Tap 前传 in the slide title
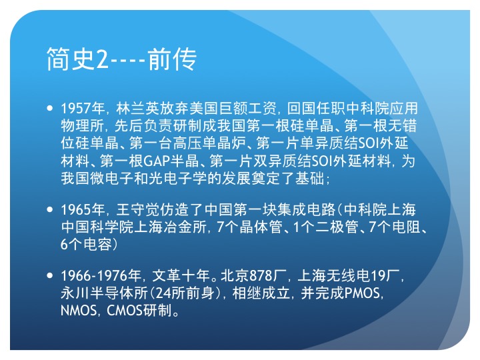coord(172,59)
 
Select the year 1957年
coord(83,109)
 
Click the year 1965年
coord(83,210)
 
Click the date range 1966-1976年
coord(101,276)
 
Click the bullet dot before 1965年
coord(50,210)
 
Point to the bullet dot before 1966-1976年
coord(50,275)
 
